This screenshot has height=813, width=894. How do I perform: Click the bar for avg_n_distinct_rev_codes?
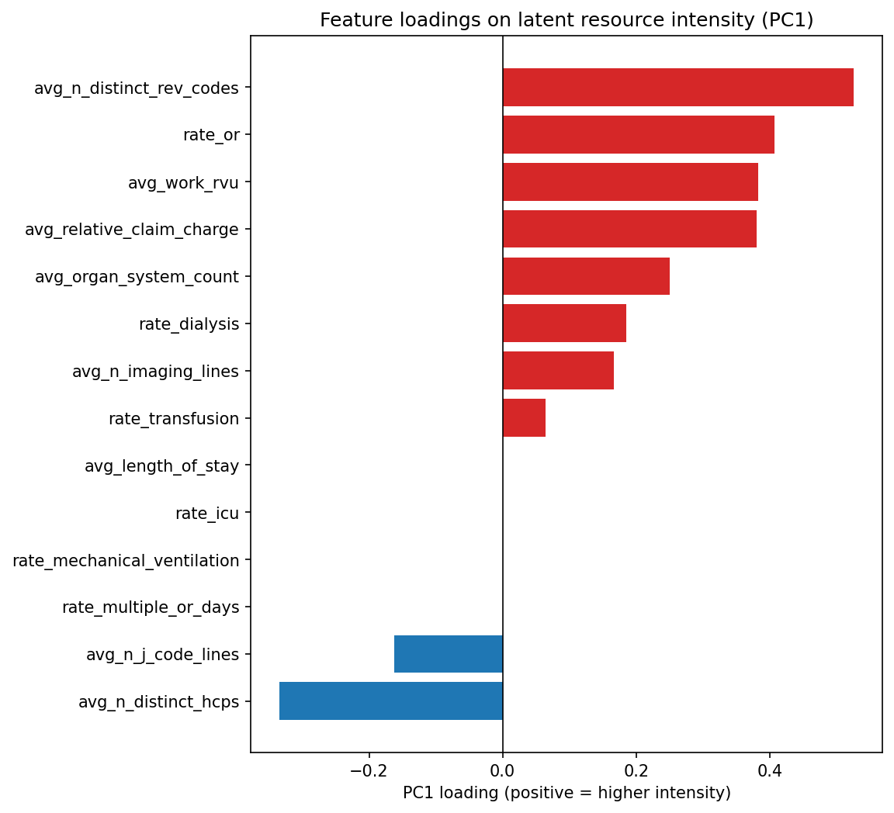[677, 88]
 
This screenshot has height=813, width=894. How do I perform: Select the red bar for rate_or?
[638, 135]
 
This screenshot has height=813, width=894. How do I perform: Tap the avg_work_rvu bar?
[630, 182]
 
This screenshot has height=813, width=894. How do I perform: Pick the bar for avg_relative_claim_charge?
[629, 230]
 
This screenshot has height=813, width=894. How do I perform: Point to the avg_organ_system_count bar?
[586, 277]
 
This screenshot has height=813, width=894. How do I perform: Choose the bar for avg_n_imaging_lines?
[558, 371]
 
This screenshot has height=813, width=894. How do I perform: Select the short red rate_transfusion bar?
[524, 418]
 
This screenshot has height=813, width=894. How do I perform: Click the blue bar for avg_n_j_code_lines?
[449, 654]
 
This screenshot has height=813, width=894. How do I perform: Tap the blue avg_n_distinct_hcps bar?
[391, 701]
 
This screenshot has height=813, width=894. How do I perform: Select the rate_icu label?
[207, 513]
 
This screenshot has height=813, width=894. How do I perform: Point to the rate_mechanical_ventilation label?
[126, 560]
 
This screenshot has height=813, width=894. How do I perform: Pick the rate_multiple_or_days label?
[151, 607]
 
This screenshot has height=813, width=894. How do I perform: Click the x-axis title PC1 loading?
[567, 793]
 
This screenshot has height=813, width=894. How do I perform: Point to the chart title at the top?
[567, 20]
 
